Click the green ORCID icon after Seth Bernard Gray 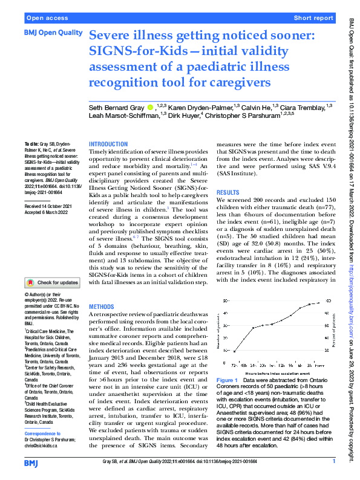click(149, 106)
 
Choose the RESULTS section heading click(229, 192)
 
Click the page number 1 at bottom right click(333, 461)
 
